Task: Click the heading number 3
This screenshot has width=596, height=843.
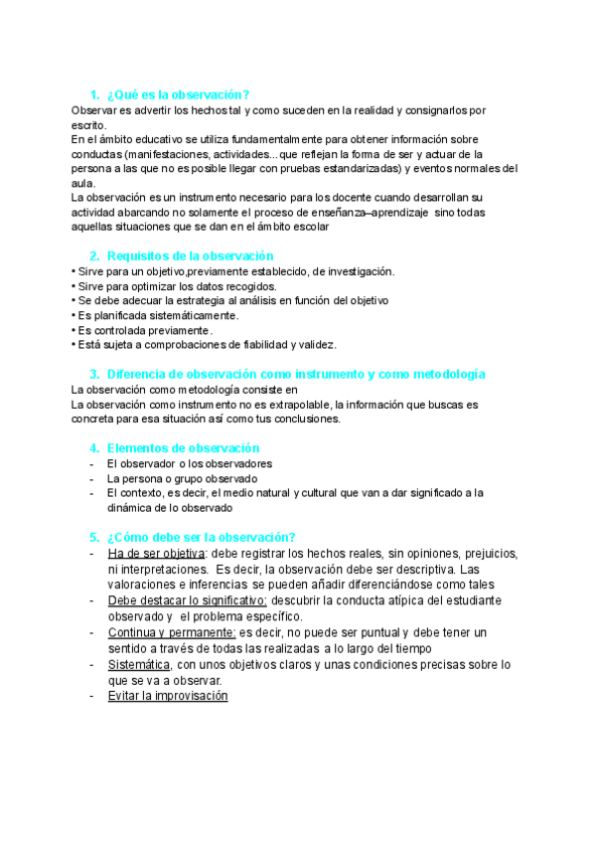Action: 93,374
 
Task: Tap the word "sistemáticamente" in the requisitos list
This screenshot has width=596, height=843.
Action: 190,315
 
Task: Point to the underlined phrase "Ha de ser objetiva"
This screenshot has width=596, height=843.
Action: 156,554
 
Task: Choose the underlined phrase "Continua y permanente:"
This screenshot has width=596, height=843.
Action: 171,632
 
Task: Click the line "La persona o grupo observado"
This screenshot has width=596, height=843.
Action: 182,478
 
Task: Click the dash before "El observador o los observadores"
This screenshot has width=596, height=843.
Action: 92,463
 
